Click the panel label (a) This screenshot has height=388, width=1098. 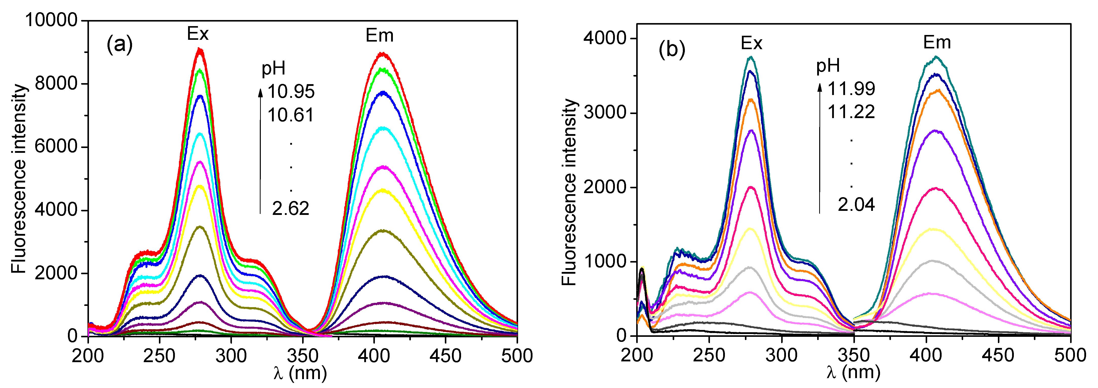120,44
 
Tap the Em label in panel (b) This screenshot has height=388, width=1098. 937,42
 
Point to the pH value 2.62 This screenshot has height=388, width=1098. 291,209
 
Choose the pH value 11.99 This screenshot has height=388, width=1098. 851,89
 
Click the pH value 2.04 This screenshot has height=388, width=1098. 856,205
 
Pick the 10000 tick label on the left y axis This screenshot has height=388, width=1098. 51,20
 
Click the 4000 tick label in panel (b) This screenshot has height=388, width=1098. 605,38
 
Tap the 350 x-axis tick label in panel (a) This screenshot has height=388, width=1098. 303,356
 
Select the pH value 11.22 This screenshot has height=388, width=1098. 851,112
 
